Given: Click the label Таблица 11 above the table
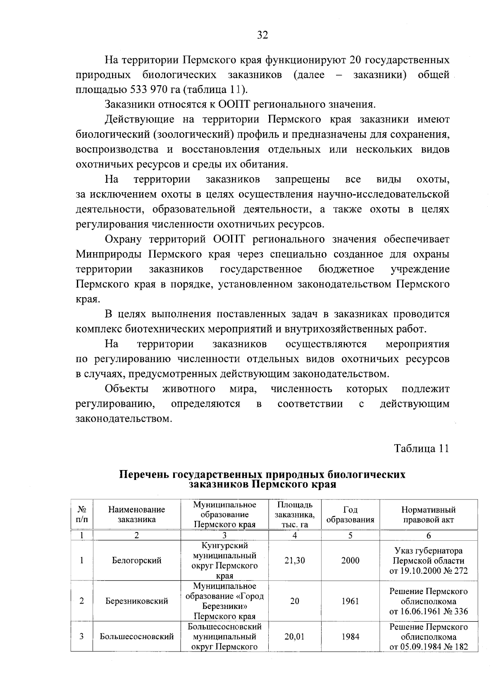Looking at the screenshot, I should (x=421, y=449).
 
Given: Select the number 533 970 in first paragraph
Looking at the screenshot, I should (x=146, y=90).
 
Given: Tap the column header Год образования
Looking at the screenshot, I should (x=350, y=515).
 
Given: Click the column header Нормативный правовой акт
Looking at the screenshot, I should (x=428, y=515).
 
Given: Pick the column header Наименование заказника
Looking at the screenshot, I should (x=136, y=515).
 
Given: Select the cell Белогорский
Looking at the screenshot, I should (x=136, y=561).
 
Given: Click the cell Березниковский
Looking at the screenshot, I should (x=136, y=601).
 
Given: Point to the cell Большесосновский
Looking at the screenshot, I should (x=136, y=637).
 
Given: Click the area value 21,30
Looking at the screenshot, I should (x=295, y=561).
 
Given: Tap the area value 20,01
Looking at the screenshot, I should (x=294, y=637).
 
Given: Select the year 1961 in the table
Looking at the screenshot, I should (x=350, y=601).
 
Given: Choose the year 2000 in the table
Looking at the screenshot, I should (x=350, y=561).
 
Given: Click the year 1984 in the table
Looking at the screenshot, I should (x=350, y=637).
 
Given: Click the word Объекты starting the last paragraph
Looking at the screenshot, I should (x=127, y=389).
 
